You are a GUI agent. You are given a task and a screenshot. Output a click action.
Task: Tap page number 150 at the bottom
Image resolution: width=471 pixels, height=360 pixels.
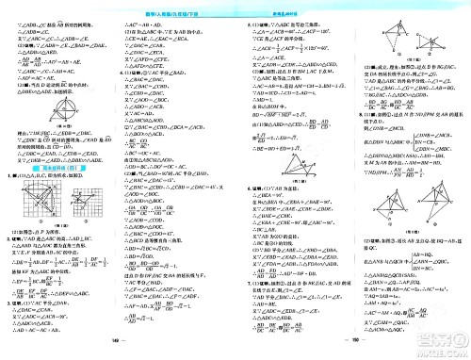point(352,352)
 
